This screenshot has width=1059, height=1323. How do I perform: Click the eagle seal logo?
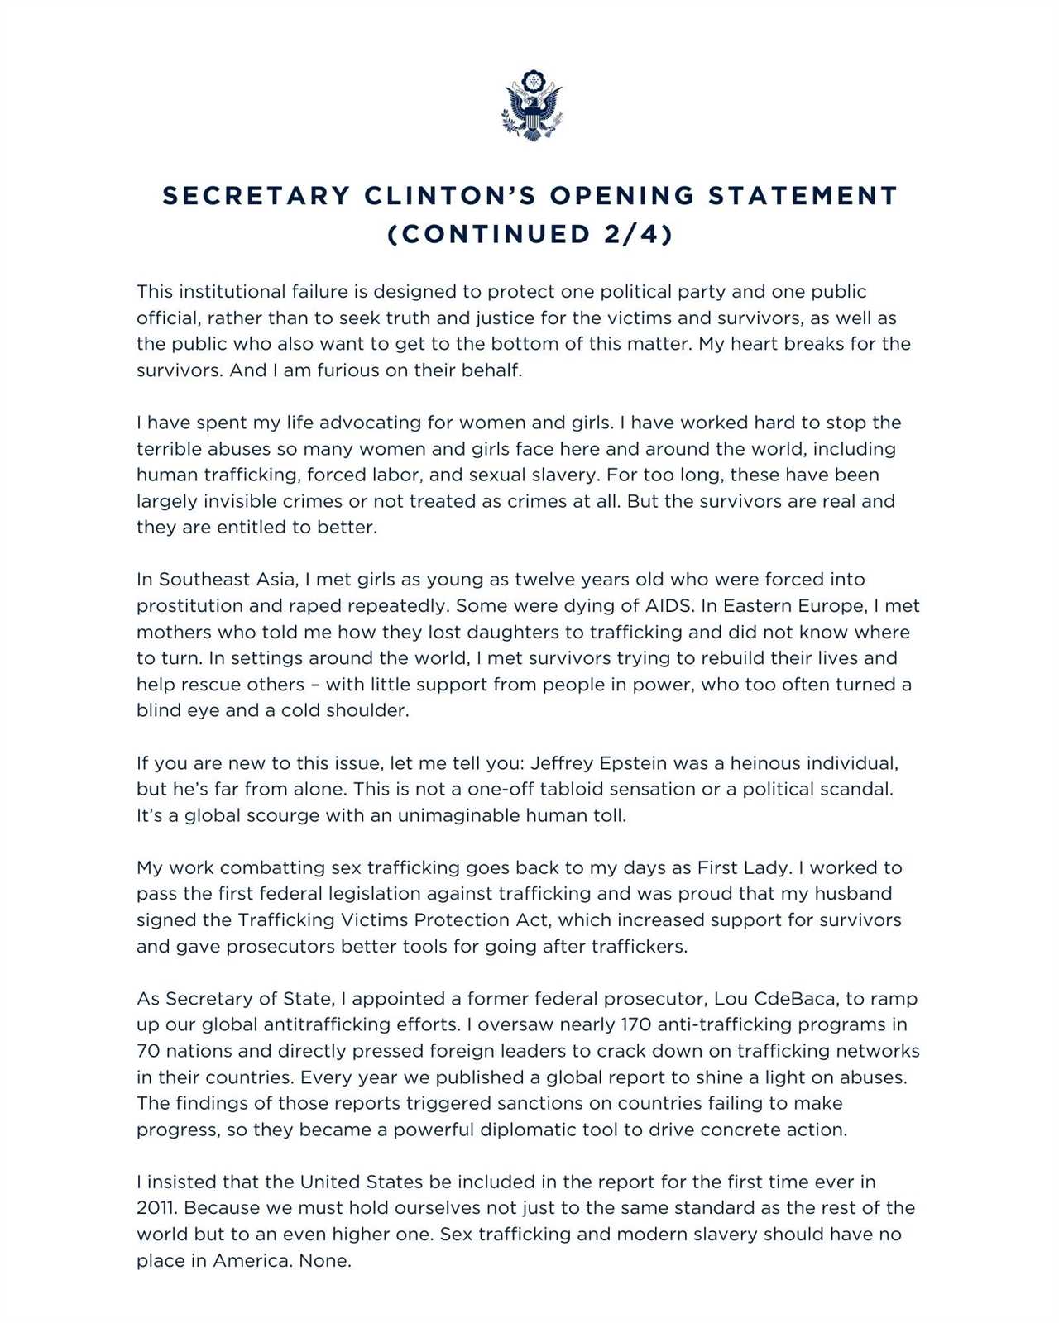click(531, 105)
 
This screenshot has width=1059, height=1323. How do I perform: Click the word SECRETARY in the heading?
click(256, 196)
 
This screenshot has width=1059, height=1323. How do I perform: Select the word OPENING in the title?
click(622, 196)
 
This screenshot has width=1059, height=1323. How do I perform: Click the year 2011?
click(156, 1208)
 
